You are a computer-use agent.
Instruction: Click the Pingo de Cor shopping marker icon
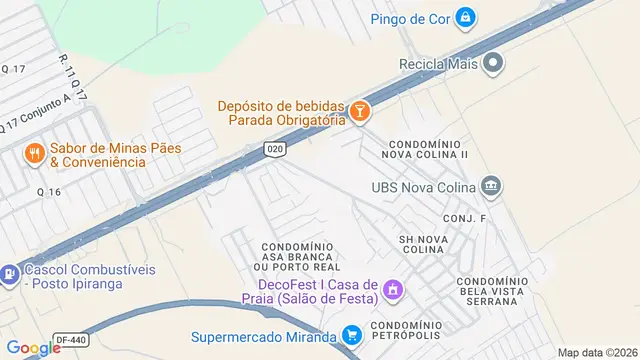[465, 17]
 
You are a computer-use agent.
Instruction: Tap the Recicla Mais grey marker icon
[493, 64]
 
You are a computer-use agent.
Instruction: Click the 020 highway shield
[274, 148]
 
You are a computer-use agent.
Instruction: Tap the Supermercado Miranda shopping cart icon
[351, 336]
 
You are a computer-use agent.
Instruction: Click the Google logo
[33, 347]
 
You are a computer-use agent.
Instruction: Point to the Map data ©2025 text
[597, 352]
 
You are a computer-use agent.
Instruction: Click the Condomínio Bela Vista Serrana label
[491, 290]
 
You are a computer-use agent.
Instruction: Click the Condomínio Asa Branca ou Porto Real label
[297, 256]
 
